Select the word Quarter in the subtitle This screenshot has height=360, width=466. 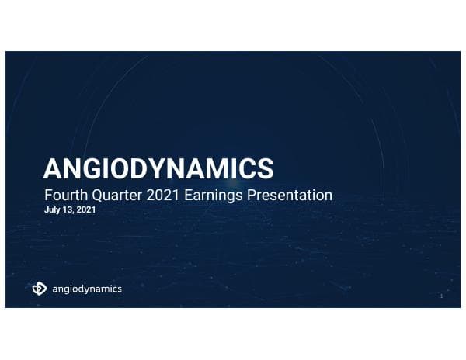coord(114,195)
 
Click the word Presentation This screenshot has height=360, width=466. coord(287,195)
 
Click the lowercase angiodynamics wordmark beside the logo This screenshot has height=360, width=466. coord(86,289)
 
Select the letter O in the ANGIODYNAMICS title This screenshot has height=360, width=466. coord(123,168)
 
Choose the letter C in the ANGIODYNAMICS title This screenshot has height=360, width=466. coord(249,168)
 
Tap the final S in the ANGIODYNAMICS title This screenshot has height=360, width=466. coord(267,168)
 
